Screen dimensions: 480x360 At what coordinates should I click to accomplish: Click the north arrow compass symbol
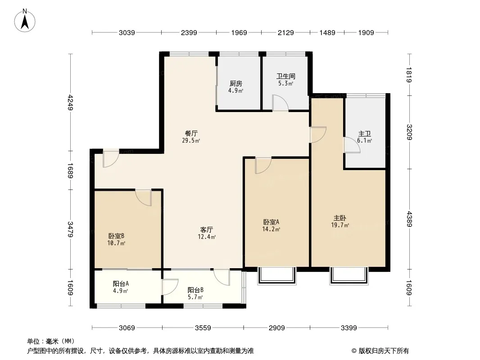pyautogui.click(x=25, y=21)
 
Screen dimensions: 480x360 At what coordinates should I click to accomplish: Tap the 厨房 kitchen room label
pyautogui.click(x=235, y=84)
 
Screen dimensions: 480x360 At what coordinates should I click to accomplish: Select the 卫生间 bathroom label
pyautogui.click(x=285, y=76)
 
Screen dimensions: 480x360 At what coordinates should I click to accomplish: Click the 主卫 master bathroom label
pyautogui.click(x=364, y=134)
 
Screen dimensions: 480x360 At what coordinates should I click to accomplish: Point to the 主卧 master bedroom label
pyautogui.click(x=340, y=218)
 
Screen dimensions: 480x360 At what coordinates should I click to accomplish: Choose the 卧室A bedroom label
pyautogui.click(x=271, y=222)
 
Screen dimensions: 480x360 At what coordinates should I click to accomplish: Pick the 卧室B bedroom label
pyautogui.click(x=116, y=236)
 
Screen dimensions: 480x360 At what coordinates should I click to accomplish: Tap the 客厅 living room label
pyautogui.click(x=207, y=229)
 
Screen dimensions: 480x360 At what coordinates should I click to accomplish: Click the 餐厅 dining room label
pyautogui.click(x=191, y=133)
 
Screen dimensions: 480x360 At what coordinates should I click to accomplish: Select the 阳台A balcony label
pyautogui.click(x=121, y=283)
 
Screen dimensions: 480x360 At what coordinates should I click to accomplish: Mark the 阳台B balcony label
pyautogui.click(x=195, y=290)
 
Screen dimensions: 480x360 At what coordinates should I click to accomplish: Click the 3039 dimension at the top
pyautogui.click(x=127, y=32)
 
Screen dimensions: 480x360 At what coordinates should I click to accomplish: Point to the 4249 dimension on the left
pyautogui.click(x=70, y=103)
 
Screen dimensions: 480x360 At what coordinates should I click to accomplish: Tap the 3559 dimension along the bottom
pyautogui.click(x=203, y=328)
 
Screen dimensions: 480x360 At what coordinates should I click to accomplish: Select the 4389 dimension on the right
pyautogui.click(x=409, y=219)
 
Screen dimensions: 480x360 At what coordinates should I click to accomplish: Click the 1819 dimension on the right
pyautogui.click(x=409, y=75)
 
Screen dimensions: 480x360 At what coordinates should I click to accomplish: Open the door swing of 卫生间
pyautogui.click(x=281, y=103)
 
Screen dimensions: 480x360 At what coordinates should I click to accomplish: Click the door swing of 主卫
pyautogui.click(x=352, y=145)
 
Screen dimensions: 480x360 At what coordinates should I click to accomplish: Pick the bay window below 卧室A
pyautogui.click(x=277, y=276)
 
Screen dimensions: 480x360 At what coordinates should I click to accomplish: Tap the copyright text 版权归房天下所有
pyautogui.click(x=384, y=351)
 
